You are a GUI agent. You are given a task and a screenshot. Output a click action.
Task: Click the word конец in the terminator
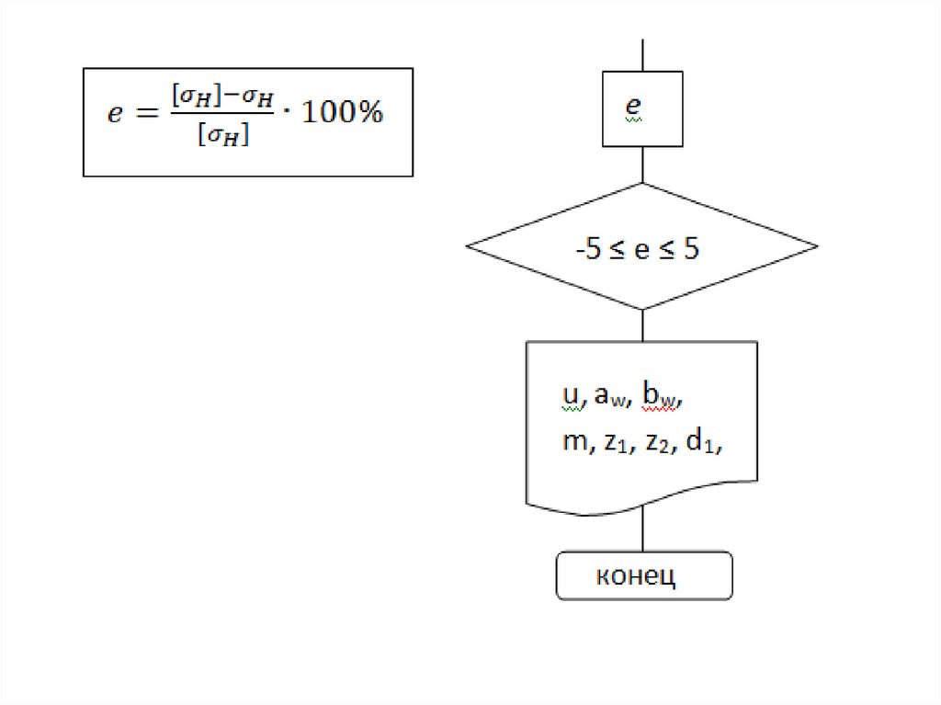coord(636,576)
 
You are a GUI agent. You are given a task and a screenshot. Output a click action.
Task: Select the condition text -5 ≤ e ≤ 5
coord(637,248)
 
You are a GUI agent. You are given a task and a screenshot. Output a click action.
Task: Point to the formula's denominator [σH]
coord(224,137)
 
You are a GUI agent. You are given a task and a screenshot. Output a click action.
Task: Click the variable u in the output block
coord(569,394)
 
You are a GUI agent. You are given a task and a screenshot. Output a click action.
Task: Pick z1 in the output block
coord(613,442)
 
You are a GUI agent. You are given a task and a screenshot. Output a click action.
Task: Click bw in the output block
coord(659,396)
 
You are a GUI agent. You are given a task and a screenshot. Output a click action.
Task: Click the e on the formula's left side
coord(115,115)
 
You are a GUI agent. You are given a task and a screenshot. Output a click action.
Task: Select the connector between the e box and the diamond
coord(642,165)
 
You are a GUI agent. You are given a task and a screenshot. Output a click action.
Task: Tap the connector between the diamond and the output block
coord(642,325)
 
